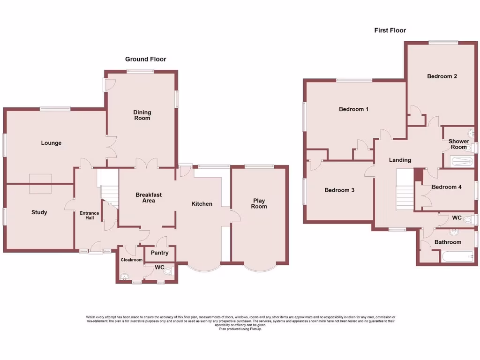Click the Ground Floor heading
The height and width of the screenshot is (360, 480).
tap(145, 59)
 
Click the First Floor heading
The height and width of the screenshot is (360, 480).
tap(390, 30)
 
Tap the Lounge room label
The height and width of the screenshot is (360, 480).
tap(51, 143)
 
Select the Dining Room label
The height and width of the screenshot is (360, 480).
tap(142, 115)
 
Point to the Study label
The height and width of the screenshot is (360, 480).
tap(39, 212)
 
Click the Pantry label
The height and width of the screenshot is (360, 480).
tap(159, 253)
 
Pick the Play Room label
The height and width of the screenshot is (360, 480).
tap(259, 203)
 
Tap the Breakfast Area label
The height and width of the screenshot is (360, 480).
tap(149, 197)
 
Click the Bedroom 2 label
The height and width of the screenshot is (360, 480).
tap(442, 76)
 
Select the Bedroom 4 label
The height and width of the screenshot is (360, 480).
tap(446, 187)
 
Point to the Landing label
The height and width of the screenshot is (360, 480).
tap(400, 160)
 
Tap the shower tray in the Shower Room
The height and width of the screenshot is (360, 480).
tap(462, 162)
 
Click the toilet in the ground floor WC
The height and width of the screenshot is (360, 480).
tap(170, 271)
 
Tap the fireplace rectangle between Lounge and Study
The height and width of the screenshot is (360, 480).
tap(40, 183)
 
